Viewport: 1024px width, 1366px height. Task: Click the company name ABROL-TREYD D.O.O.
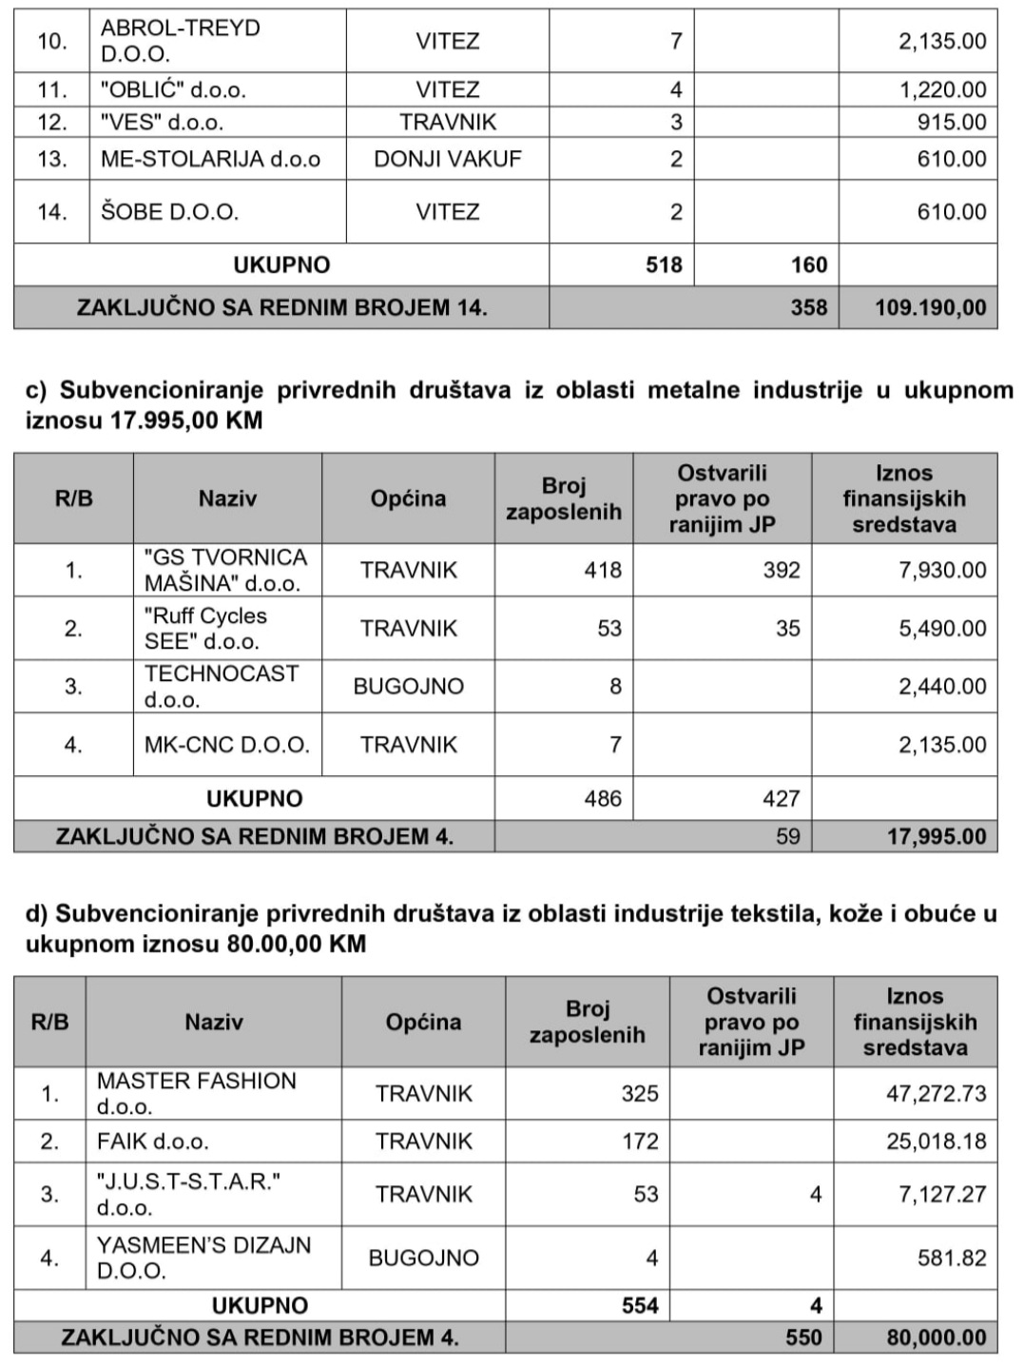[180, 41]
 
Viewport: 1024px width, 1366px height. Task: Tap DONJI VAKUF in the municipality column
[447, 159]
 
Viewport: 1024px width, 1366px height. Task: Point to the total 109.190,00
[931, 308]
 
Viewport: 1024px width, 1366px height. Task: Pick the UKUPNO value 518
[664, 264]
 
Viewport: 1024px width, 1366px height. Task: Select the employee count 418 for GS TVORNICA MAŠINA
[603, 571]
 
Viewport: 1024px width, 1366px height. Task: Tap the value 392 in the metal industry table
[782, 571]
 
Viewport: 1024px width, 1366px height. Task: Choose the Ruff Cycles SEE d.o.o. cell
[205, 629]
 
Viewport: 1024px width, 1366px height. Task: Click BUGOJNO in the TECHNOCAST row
[408, 687]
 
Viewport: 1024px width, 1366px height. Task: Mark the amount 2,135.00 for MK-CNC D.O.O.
[942, 745]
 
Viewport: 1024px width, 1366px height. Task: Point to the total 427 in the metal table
[782, 799]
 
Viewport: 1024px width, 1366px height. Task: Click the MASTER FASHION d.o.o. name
[196, 1093]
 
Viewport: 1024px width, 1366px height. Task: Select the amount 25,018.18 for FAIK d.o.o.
[937, 1142]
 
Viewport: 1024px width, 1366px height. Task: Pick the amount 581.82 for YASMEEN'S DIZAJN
[952, 1258]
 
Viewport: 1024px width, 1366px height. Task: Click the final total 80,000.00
[937, 1337]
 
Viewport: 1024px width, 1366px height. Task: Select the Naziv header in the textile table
[213, 1023]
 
